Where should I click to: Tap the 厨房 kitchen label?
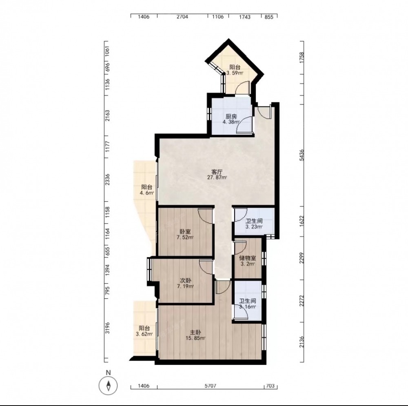(x=231, y=116)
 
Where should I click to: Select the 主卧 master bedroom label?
(x=195, y=333)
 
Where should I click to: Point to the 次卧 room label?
(x=186, y=281)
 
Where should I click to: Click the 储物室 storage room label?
(x=248, y=258)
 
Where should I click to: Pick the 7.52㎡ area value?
(x=185, y=237)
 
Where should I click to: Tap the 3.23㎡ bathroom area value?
(x=254, y=227)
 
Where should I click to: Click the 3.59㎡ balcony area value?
(x=235, y=73)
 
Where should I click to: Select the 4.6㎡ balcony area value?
(x=147, y=193)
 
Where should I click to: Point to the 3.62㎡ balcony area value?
(x=144, y=334)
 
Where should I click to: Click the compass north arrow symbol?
(x=108, y=385)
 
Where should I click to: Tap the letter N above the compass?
(x=108, y=373)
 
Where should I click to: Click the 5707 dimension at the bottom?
(x=210, y=386)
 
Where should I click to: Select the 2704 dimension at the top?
(x=182, y=17)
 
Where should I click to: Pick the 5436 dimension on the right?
(x=302, y=155)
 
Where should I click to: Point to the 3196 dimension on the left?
(x=107, y=328)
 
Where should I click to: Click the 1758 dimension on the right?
(x=302, y=58)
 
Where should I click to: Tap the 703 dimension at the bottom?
(x=271, y=386)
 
